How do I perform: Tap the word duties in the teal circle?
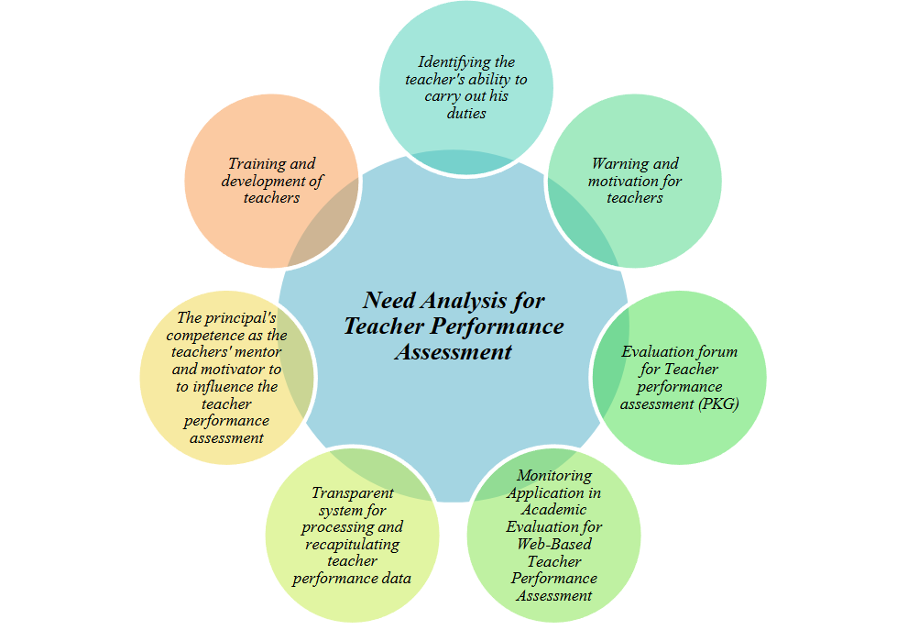(466, 114)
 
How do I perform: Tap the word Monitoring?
(554, 476)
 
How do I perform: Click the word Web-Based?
(554, 544)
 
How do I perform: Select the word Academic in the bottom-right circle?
(554, 510)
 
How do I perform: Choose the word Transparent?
(352, 493)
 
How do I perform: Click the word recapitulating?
(352, 544)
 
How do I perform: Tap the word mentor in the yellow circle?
(258, 353)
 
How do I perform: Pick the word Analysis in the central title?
(473, 301)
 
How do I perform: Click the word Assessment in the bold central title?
(453, 352)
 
